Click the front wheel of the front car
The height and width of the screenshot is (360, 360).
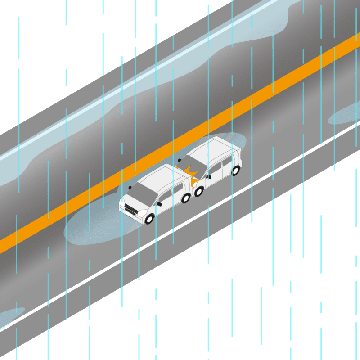coord(149,219)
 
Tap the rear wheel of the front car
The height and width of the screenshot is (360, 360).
coord(186,198)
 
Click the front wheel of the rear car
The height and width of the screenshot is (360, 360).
coord(198,191)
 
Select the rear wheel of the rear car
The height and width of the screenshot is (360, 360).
coord(235,171)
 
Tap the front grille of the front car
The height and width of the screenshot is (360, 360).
coord(132,210)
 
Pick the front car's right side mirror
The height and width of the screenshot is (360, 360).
coord(159,204)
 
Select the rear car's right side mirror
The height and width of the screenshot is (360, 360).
coord(208,177)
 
